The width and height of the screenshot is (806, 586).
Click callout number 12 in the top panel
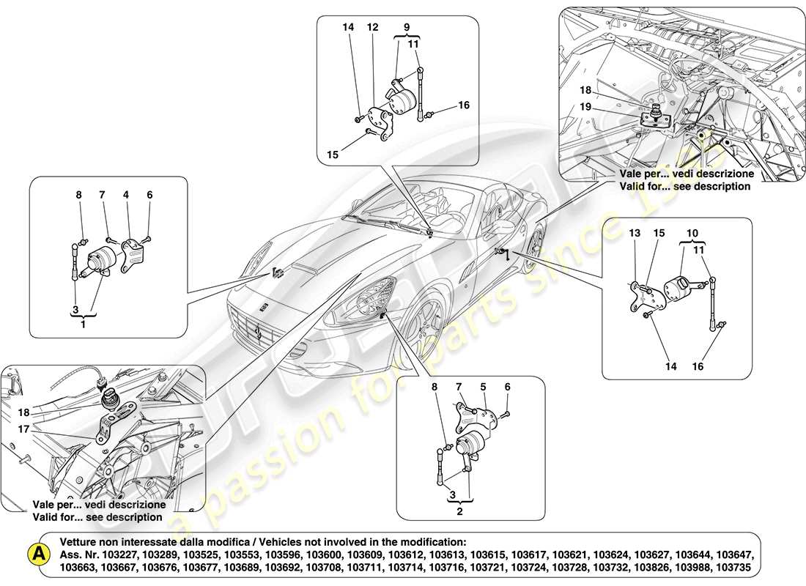[x=372, y=27]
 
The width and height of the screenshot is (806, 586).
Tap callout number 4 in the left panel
[x=126, y=195]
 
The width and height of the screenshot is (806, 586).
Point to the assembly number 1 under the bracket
[x=83, y=324]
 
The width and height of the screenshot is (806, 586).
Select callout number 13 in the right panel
[x=634, y=233]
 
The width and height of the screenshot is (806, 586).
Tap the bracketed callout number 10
[x=689, y=233]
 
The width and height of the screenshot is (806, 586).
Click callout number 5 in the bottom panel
[x=483, y=386]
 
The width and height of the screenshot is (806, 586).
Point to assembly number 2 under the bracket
[x=459, y=511]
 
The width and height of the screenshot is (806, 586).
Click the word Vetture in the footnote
[x=80, y=541]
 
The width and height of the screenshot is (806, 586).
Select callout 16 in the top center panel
[x=463, y=105]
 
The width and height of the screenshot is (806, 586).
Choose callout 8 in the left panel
[x=79, y=195]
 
